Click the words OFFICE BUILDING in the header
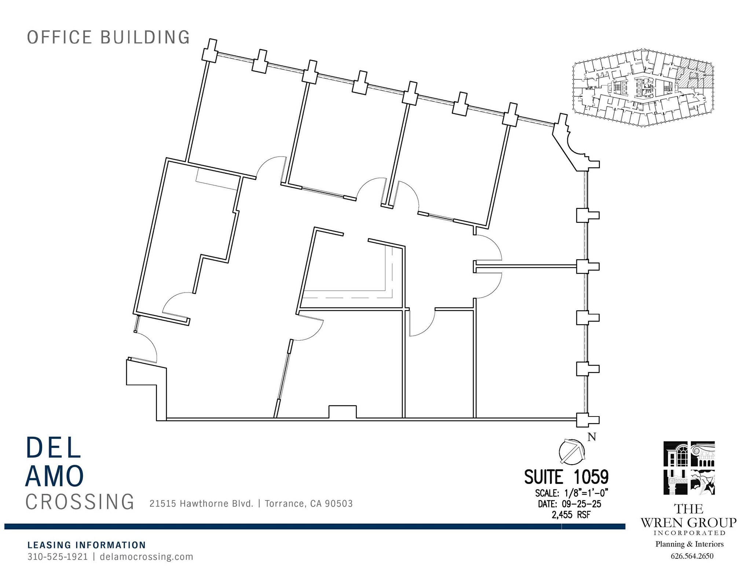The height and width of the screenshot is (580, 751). (x=109, y=37)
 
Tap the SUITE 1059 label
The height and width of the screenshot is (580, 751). (x=566, y=477)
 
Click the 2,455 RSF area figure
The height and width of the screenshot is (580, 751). (x=571, y=515)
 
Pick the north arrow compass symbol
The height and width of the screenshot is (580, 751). (x=571, y=451)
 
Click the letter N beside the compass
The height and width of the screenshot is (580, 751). (x=591, y=437)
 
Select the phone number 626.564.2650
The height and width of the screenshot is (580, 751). (x=692, y=556)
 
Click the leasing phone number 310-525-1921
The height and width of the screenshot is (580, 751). (x=58, y=557)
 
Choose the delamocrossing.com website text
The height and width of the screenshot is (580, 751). (x=146, y=557)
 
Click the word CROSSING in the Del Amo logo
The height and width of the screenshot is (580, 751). (x=80, y=502)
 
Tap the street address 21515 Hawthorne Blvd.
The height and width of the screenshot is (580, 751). (x=201, y=504)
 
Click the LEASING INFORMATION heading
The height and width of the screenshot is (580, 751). (x=87, y=545)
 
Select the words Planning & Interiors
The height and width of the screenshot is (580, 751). (x=689, y=544)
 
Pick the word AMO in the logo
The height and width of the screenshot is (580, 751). (x=55, y=476)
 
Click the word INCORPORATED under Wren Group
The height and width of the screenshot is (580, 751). (x=689, y=533)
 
